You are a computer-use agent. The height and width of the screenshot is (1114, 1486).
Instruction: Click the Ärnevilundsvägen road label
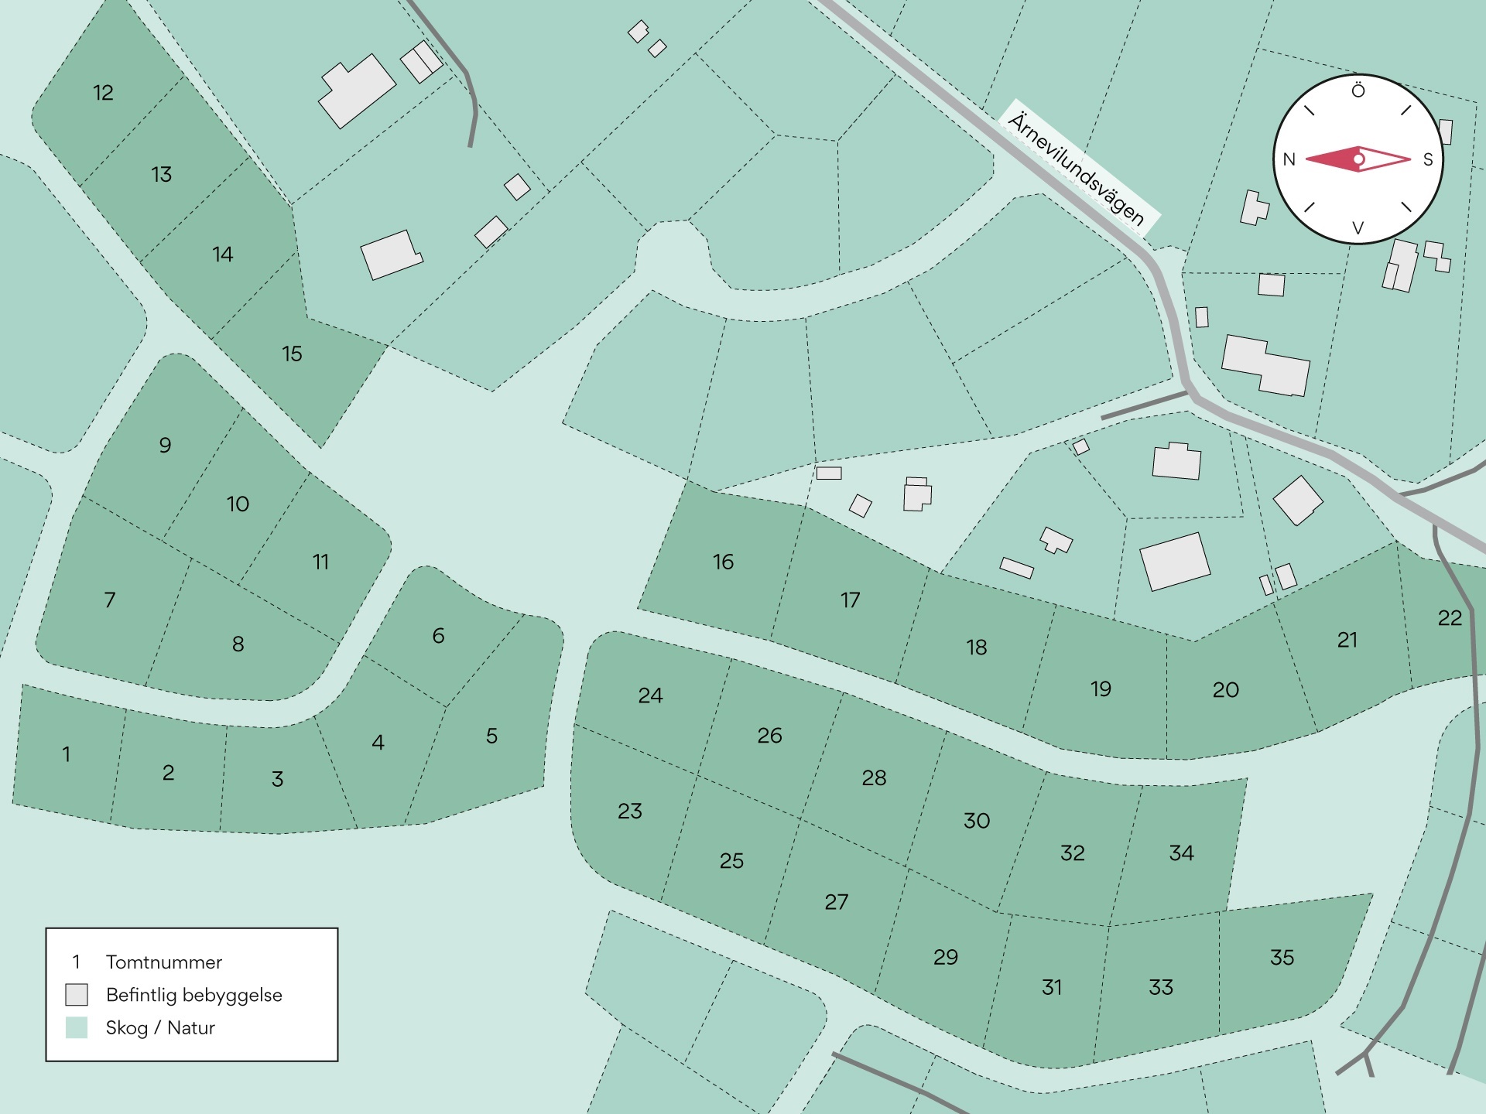point(1077,169)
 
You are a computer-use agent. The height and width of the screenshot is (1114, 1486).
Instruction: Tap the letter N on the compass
point(1289,159)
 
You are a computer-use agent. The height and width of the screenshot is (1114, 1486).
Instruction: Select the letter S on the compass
point(1428,159)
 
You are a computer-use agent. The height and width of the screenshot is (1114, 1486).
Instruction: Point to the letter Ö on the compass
point(1358,91)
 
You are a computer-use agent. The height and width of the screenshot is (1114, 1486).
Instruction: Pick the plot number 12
point(103,93)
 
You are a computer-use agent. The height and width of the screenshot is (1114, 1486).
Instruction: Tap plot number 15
point(292,354)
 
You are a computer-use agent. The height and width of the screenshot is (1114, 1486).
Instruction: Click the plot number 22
point(1450,618)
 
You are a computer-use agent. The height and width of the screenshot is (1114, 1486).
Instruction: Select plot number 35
point(1282,957)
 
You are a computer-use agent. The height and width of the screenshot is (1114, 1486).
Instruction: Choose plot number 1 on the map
point(67,753)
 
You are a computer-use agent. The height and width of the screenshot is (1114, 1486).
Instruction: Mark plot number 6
point(438,636)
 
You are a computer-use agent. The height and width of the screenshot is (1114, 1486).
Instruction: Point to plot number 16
point(723,562)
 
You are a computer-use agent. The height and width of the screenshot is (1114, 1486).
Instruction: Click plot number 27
point(836,901)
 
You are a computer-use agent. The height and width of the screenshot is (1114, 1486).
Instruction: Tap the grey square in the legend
point(77,994)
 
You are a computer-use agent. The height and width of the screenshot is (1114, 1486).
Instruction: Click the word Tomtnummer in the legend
point(163,962)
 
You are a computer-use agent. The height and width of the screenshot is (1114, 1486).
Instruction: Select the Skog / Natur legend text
point(160,1027)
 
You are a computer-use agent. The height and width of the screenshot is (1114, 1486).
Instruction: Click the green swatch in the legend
point(77,1027)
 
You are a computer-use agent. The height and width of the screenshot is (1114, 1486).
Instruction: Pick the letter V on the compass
point(1358,228)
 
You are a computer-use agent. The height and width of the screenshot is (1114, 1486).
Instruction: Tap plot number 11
point(320,562)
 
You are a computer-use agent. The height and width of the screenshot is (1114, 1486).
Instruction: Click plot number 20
point(1225,689)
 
